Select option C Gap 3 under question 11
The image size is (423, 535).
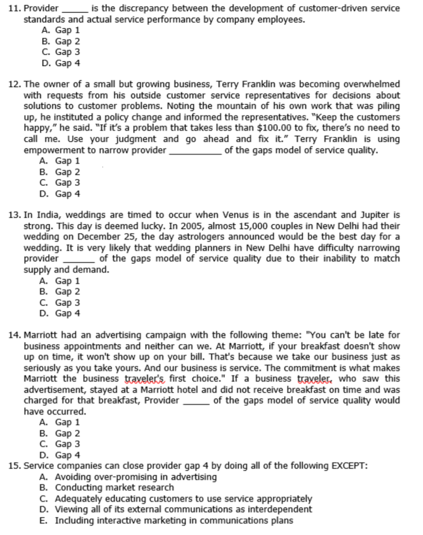point(61,52)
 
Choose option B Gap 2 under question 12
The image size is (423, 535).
point(61,172)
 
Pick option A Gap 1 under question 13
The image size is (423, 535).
point(61,281)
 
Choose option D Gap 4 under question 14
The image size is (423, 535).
point(61,455)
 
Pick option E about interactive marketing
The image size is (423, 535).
point(166,520)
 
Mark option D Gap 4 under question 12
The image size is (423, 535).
point(61,194)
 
